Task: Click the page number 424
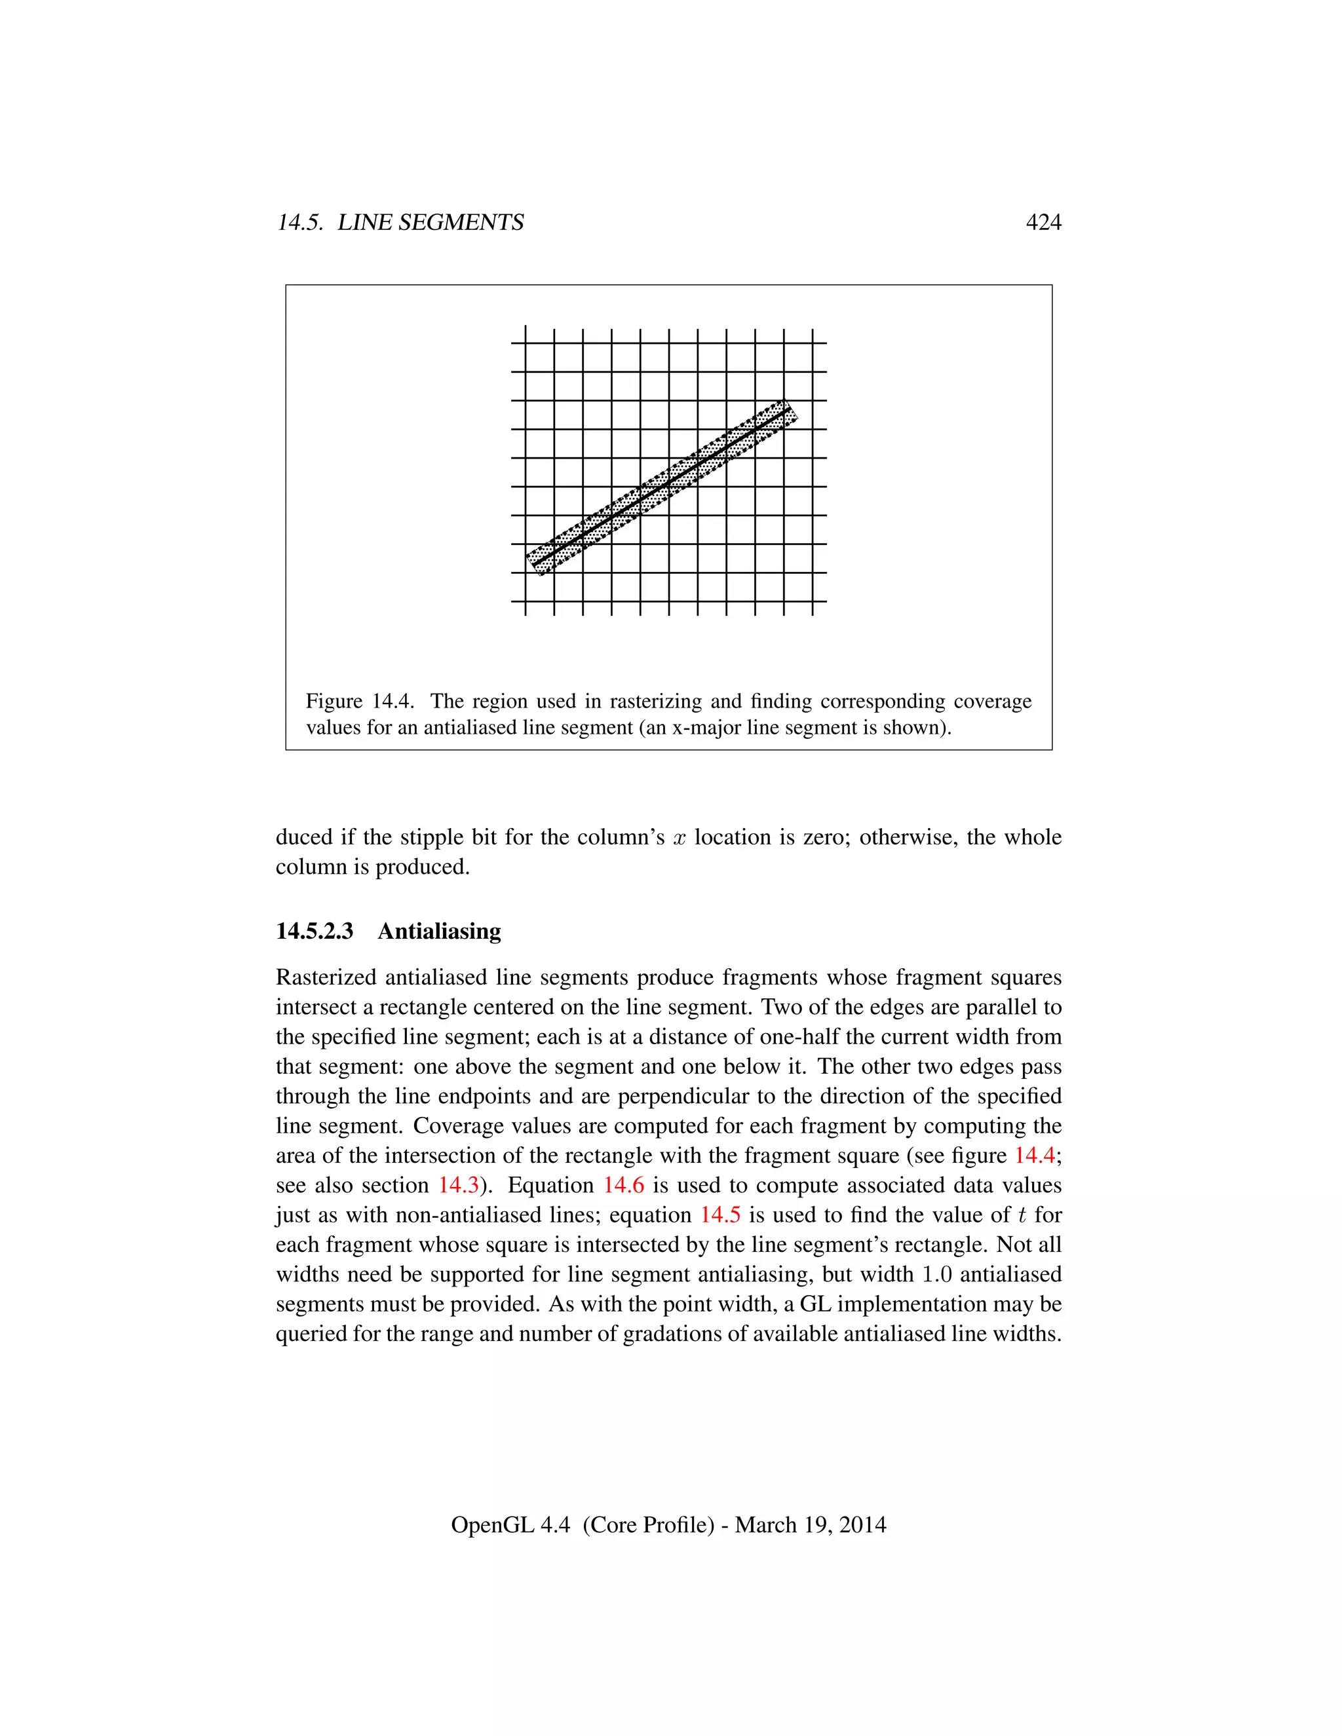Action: [1043, 223]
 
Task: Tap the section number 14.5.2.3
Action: [314, 931]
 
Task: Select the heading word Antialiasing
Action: [439, 931]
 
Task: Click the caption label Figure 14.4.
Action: [359, 701]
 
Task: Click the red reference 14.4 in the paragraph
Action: [1034, 1155]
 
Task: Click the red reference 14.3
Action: [459, 1185]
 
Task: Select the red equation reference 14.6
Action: [623, 1185]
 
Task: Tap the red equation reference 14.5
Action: [719, 1215]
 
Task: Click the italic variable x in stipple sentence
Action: [679, 839]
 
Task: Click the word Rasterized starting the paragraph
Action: [325, 977]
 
